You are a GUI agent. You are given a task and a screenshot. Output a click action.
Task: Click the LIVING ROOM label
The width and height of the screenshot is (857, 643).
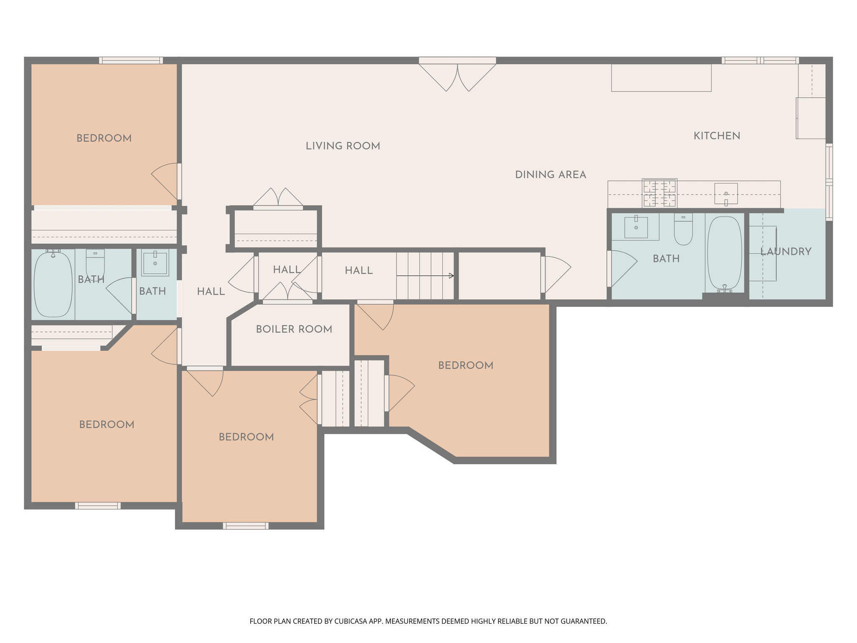[x=343, y=146]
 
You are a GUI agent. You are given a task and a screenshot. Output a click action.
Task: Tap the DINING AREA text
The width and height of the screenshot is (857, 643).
[x=550, y=175]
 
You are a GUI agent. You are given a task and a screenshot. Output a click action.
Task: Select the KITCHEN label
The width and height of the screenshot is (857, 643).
[x=717, y=136]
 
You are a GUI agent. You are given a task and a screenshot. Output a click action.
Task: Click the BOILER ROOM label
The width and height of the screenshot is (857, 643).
[x=294, y=329]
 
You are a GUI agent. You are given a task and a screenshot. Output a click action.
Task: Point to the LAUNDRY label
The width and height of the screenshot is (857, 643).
[x=785, y=252]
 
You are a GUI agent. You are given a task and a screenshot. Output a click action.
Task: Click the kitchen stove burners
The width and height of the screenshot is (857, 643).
[x=659, y=193]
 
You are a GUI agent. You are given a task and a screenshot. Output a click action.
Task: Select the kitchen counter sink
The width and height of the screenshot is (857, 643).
[x=726, y=194]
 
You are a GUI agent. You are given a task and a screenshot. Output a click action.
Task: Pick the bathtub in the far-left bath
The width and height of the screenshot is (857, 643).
[x=53, y=283]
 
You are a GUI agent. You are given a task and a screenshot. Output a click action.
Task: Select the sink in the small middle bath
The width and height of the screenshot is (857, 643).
[x=155, y=262]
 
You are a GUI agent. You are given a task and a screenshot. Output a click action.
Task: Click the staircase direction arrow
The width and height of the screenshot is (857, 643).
[x=425, y=276]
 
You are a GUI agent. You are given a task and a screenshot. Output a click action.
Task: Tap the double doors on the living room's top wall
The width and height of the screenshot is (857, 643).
[x=457, y=75]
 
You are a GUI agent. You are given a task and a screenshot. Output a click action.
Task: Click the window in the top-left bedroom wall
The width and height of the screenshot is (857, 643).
[x=131, y=60]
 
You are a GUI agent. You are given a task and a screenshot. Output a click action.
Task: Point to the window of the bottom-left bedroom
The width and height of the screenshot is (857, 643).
[x=98, y=506]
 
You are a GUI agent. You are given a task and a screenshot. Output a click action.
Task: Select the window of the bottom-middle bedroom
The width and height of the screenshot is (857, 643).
[x=246, y=526]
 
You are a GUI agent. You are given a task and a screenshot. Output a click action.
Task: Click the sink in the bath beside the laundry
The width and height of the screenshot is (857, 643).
[x=636, y=227]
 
